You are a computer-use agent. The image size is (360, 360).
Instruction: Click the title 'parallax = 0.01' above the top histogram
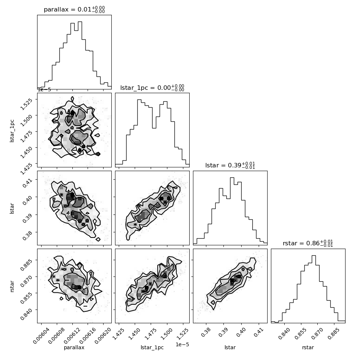(x=68, y=9)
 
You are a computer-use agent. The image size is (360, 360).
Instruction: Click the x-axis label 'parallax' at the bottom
(x=74, y=347)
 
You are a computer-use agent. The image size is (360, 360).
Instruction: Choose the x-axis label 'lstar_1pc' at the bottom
(x=152, y=347)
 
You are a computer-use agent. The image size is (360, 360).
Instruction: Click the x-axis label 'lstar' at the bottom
(x=230, y=347)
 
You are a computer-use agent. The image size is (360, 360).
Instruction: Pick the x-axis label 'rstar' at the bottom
(x=308, y=347)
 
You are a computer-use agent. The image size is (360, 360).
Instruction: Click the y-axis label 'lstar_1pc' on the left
(x=12, y=131)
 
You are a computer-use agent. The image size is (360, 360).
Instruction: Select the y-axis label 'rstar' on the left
(x=12, y=286)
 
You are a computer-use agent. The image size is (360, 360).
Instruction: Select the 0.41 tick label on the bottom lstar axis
(x=259, y=332)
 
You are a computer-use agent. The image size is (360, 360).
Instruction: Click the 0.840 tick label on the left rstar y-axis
(x=26, y=314)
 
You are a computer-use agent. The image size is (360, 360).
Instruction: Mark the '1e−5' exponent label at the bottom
(x=182, y=345)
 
